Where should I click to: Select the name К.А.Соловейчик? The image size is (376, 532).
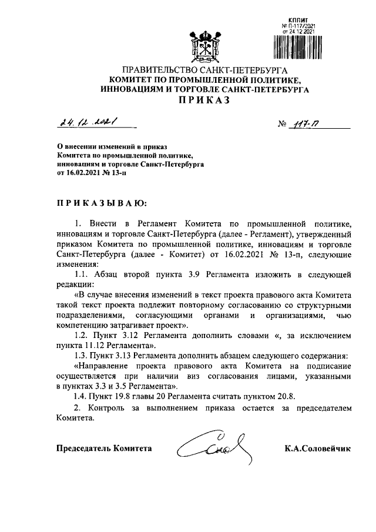[x=317, y=449]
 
